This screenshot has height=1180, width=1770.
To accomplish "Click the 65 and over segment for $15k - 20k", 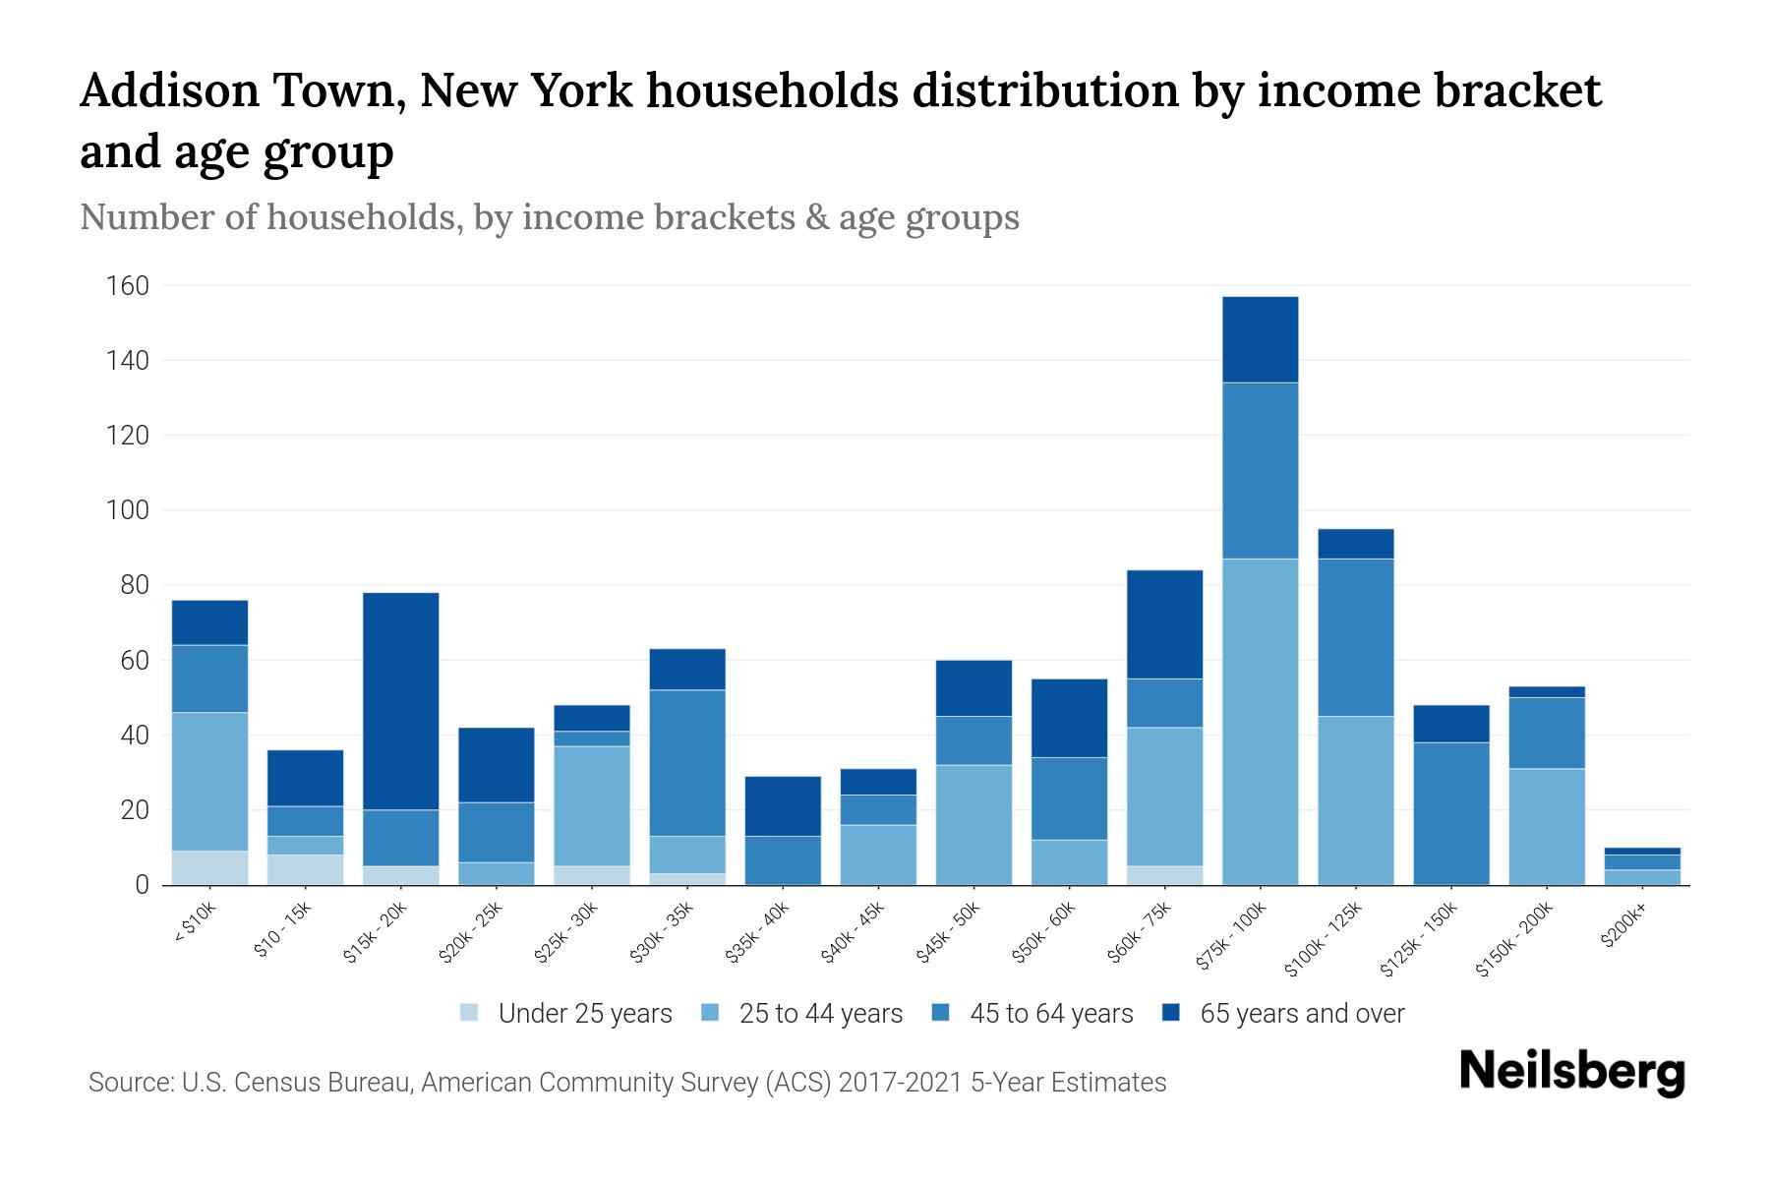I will point(400,701).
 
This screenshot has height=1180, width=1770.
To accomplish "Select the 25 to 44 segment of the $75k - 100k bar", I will point(1260,722).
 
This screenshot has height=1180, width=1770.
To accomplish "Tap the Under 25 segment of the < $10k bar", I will point(209,867).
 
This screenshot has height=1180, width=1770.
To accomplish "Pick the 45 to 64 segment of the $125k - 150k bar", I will point(1450,813).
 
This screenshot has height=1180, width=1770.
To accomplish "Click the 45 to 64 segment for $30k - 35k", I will point(687,763).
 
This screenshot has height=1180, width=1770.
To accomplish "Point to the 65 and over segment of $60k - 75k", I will point(1164,624).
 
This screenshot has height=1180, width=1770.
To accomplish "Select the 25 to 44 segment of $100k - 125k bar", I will point(1355,800).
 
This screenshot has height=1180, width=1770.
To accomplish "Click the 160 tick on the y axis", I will point(128,286).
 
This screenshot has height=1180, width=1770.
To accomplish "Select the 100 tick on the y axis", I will point(128,510).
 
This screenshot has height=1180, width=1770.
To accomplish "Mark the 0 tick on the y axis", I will point(142,885).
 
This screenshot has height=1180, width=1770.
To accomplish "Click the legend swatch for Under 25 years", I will point(470,1013).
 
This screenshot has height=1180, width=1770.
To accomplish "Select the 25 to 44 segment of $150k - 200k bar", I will point(1546,826).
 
